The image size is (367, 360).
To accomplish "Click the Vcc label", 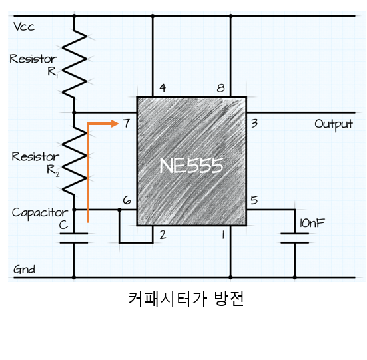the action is click(24, 27).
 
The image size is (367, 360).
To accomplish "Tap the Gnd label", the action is click(24, 270).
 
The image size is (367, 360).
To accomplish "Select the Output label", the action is click(334, 125).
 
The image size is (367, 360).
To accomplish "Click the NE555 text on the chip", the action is click(191, 166).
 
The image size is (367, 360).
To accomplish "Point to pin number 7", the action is click(127, 123).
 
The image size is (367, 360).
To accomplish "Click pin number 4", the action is click(163, 88).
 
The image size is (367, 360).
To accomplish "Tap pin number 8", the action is click(220, 88).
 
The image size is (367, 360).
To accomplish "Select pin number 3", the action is click(254, 123).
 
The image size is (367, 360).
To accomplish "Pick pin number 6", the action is click(127, 200).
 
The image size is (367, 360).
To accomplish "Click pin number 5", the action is click(254, 200).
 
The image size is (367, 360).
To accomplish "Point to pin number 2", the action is click(163, 234).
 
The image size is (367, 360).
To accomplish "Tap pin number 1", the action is click(224, 235).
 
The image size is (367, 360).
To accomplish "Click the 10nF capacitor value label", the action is click(312, 223).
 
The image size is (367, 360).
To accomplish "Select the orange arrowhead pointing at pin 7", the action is click(115, 124).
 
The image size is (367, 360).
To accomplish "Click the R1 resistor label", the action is click(53, 73).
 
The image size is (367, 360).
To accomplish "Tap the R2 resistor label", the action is click(53, 170).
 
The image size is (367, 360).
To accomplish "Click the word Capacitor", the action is click(40, 213).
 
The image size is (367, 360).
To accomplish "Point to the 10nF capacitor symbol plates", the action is click(294, 238).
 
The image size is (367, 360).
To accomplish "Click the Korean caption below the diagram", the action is click(186, 299).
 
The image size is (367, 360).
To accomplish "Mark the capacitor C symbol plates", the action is click(74, 238).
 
